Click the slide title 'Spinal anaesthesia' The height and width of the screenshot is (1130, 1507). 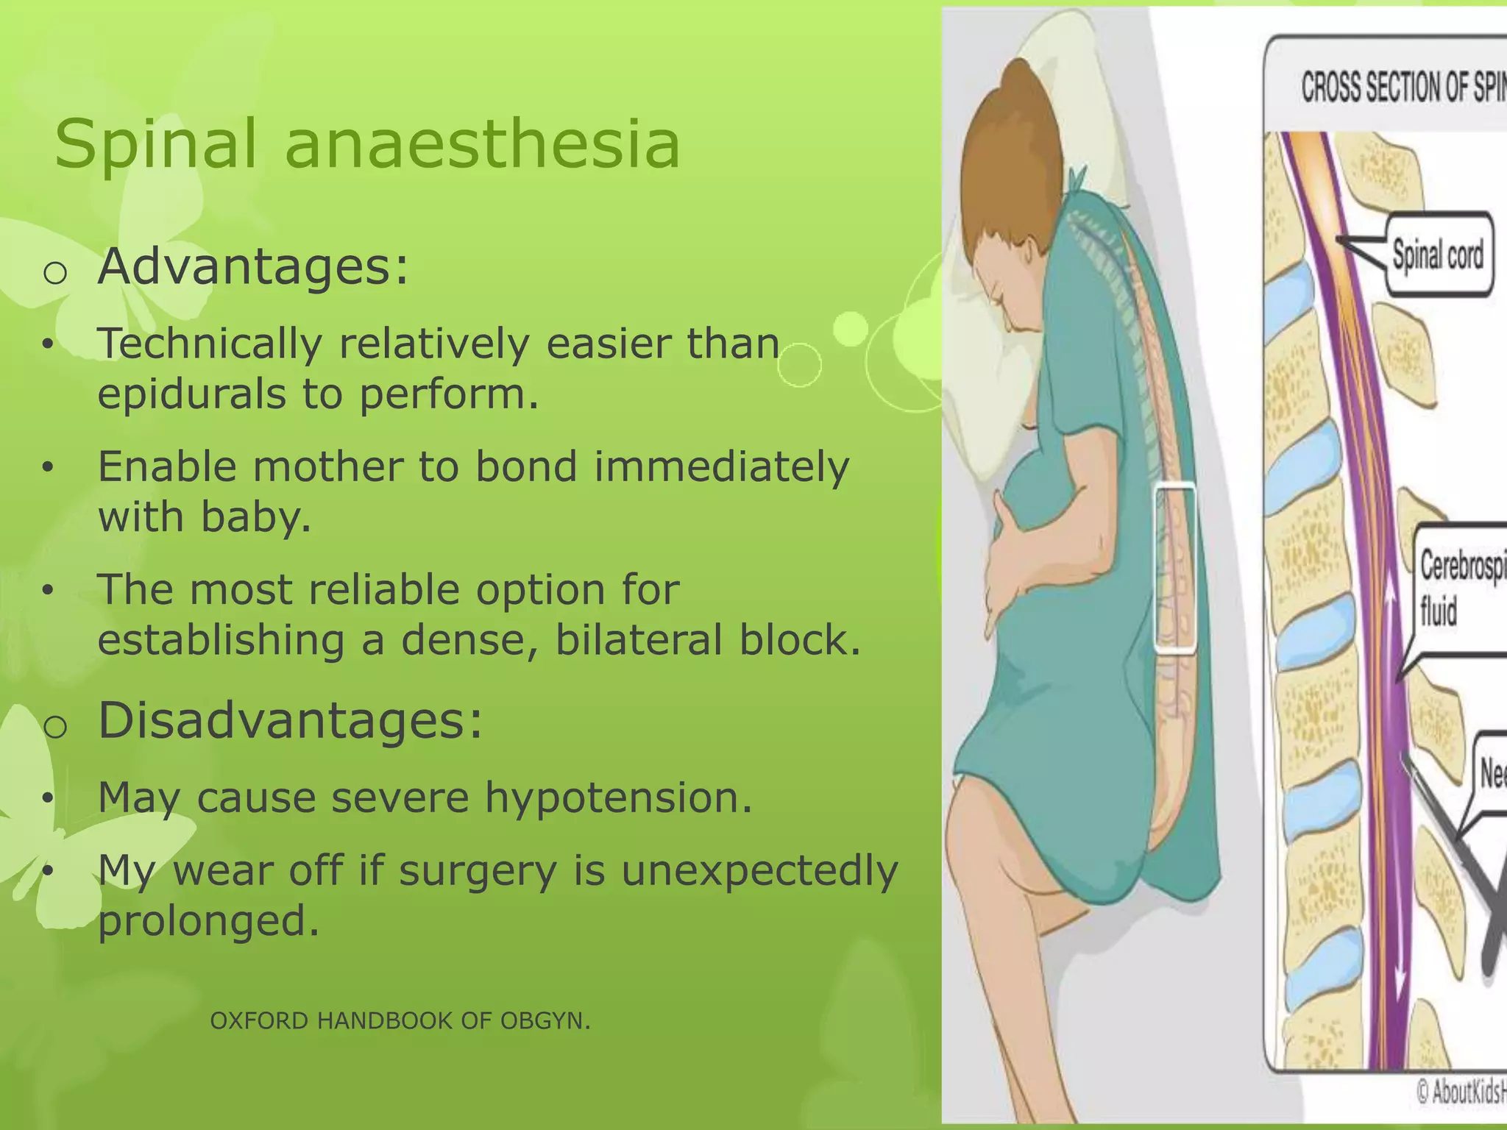click(x=366, y=144)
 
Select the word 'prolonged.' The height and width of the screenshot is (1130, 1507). click(x=209, y=921)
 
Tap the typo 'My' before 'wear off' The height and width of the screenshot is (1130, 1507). click(x=126, y=871)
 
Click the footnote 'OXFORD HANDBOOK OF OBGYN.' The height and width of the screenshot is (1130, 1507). click(x=400, y=1021)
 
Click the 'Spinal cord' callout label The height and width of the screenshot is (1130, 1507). click(x=1438, y=255)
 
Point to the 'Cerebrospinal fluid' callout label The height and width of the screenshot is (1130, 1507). click(x=1461, y=589)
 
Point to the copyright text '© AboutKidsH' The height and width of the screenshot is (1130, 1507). click(x=1461, y=1092)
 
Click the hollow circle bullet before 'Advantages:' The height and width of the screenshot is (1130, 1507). click(x=55, y=273)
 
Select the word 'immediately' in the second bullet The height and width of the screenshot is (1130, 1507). click(x=721, y=467)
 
